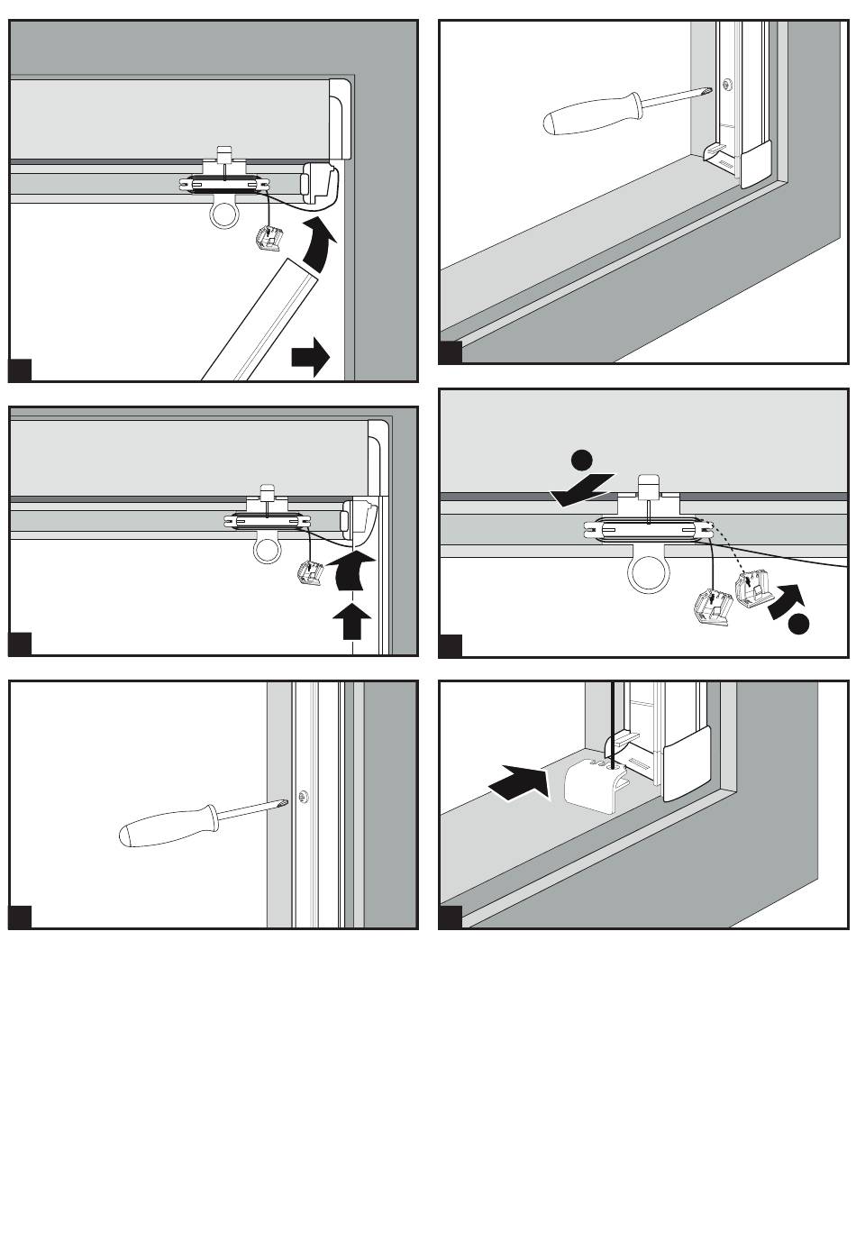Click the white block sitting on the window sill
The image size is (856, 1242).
(594, 781)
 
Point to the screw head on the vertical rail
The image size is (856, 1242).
(305, 796)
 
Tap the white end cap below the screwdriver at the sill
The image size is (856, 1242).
(754, 162)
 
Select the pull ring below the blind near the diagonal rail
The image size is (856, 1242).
(222, 215)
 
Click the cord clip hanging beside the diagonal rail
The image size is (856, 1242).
(267, 240)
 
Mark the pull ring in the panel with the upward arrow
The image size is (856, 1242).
(268, 546)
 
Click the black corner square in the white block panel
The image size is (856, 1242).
(451, 918)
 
